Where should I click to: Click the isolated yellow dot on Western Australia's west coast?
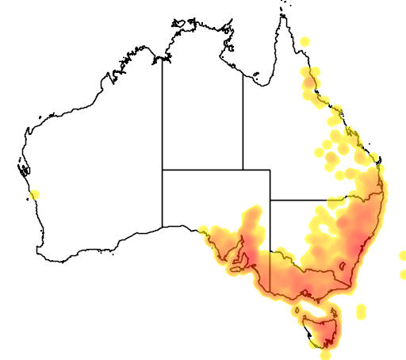tap(33, 194)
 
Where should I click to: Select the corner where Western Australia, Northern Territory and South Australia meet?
tap(163, 170)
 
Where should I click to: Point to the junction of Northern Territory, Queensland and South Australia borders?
tap(243, 170)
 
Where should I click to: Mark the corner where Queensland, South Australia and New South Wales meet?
tap(270, 200)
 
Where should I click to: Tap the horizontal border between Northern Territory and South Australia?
tap(202, 170)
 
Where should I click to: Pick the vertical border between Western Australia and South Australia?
tap(163, 198)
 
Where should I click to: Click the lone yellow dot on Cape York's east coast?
tap(305, 40)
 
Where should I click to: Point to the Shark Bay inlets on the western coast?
tap(21, 168)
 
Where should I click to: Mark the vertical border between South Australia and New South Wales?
tap(270, 238)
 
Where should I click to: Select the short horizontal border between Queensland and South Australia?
tap(256, 170)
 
